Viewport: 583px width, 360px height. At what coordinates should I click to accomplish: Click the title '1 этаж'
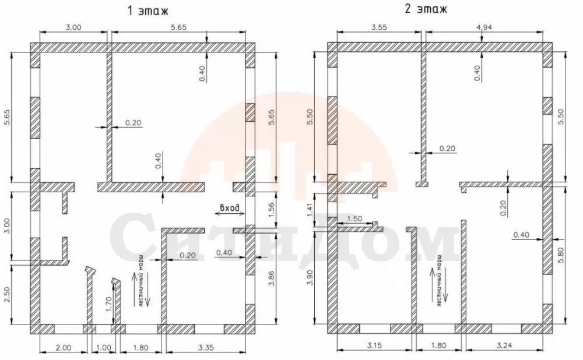click(x=147, y=10)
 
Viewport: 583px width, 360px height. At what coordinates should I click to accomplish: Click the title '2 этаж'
click(x=426, y=9)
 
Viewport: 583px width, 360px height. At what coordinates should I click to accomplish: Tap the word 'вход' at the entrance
click(x=230, y=208)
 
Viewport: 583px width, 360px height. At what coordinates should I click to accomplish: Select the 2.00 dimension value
click(x=63, y=348)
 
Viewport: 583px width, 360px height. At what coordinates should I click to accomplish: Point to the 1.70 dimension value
click(x=108, y=304)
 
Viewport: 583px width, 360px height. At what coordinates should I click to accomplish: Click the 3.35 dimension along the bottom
click(x=206, y=348)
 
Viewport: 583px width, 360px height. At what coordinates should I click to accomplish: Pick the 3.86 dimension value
click(x=271, y=278)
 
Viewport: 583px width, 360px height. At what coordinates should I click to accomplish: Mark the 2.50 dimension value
click(x=8, y=295)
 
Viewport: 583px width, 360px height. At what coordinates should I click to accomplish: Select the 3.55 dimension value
click(x=380, y=27)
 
